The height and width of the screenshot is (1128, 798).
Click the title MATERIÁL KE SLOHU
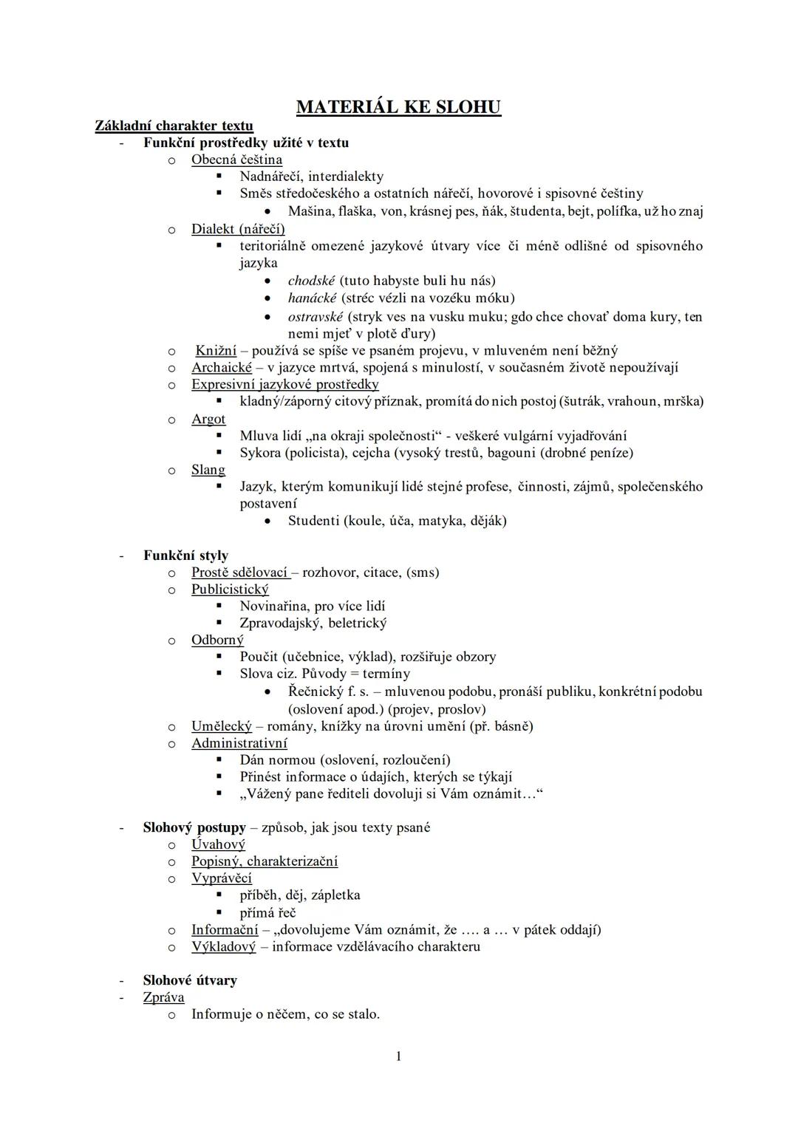pyautogui.click(x=398, y=107)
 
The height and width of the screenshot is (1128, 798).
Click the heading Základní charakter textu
pyautogui.click(x=174, y=126)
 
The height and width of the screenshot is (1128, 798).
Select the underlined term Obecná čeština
pyautogui.click(x=236, y=160)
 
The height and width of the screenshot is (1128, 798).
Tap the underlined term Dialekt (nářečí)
pyautogui.click(x=238, y=229)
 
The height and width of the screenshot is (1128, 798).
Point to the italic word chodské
pyautogui.click(x=311, y=281)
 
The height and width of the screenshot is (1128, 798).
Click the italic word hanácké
pyautogui.click(x=312, y=298)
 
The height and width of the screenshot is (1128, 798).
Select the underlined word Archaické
pyautogui.click(x=222, y=367)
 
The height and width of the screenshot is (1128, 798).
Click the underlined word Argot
pyautogui.click(x=208, y=419)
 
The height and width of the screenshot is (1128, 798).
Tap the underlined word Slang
pyautogui.click(x=208, y=470)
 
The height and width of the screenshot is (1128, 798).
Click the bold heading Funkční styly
pyautogui.click(x=185, y=556)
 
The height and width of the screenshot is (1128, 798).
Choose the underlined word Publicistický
pyautogui.click(x=230, y=589)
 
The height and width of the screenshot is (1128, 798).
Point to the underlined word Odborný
pyautogui.click(x=217, y=640)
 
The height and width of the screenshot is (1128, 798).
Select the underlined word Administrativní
pyautogui.click(x=239, y=743)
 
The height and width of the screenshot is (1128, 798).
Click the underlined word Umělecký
pyautogui.click(x=222, y=726)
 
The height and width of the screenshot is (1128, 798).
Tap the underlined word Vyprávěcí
pyautogui.click(x=222, y=878)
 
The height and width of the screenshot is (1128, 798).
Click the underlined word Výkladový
pyautogui.click(x=223, y=946)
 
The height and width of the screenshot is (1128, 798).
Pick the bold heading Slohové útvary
pyautogui.click(x=190, y=980)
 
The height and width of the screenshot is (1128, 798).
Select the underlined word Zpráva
pyautogui.click(x=163, y=997)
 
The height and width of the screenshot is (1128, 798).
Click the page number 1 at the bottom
pyautogui.click(x=399, y=1056)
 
